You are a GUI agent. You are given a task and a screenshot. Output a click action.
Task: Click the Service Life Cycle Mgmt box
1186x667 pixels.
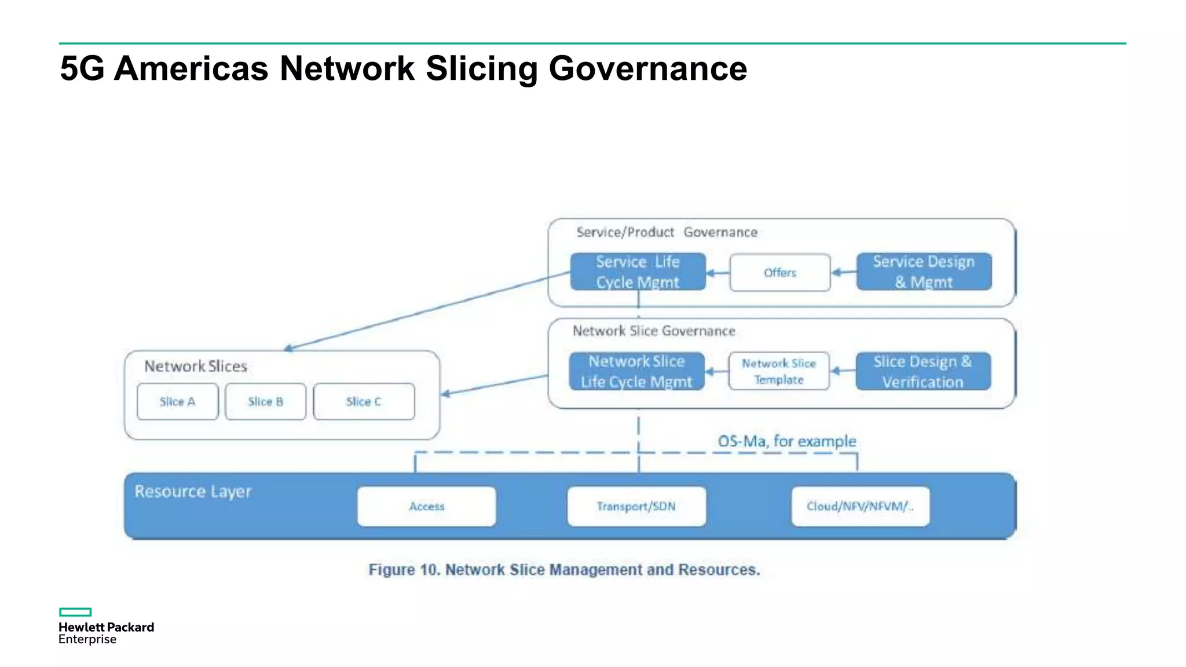638,272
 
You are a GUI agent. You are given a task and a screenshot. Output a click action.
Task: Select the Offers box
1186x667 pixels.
779,273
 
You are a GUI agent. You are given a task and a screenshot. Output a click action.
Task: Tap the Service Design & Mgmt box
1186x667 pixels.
924,272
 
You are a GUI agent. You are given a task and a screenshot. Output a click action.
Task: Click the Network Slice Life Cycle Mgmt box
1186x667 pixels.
636,372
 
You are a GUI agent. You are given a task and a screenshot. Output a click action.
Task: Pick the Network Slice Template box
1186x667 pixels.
779,372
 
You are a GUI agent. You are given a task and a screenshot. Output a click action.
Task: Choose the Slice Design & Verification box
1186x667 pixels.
923,372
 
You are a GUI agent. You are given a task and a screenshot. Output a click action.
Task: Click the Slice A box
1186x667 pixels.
177,402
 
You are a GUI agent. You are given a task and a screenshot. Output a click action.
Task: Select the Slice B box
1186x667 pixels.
265,402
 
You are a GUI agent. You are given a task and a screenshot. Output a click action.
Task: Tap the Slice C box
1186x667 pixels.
364,402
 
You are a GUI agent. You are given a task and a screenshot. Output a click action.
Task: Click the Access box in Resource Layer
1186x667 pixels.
427,507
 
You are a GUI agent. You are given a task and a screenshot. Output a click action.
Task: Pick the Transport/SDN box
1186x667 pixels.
636,507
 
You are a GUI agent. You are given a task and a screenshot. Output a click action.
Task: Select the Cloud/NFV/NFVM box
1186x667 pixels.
861,507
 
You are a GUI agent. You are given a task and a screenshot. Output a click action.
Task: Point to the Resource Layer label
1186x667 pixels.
193,492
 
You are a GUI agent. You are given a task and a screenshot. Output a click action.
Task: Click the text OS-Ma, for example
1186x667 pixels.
786,441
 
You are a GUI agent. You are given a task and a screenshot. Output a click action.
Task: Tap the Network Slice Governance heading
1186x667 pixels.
654,331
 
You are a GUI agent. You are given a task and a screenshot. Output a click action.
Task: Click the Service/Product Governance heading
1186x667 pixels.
667,232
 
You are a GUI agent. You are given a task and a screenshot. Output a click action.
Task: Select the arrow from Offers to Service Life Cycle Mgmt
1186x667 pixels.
718,273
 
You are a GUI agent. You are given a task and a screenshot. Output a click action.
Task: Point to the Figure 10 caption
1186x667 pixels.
564,570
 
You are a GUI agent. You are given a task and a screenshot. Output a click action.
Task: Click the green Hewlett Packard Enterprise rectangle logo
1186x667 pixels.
75,612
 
